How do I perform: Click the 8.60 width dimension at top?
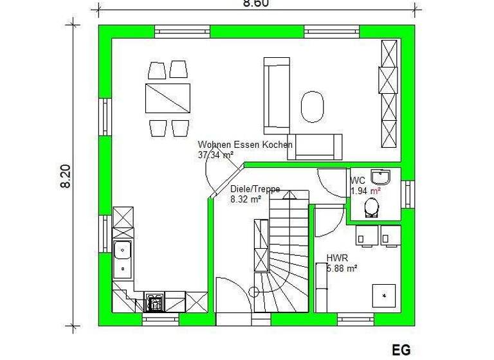click(255, 3)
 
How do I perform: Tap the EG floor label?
click(401, 350)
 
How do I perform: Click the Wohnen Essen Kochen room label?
click(245, 145)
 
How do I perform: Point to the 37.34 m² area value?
click(215, 155)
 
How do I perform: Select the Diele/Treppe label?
click(255, 190)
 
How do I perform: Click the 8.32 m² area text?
click(245, 199)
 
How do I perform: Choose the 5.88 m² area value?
click(342, 269)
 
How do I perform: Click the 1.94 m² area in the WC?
click(365, 191)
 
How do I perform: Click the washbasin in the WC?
click(383, 177)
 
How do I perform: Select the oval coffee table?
click(313, 106)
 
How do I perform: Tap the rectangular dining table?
click(167, 98)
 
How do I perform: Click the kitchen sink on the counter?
click(122, 258)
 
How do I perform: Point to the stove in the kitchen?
click(154, 301)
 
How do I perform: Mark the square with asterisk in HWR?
click(385, 296)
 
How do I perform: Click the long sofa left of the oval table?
click(275, 94)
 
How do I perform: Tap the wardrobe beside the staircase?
click(261, 246)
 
